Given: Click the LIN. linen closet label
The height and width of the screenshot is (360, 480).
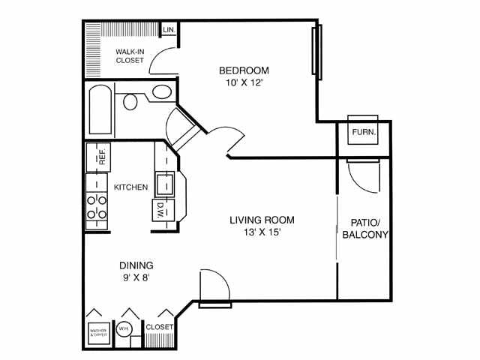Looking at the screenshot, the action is [169, 30].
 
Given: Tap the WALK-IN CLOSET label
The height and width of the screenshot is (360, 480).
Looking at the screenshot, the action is [130, 56].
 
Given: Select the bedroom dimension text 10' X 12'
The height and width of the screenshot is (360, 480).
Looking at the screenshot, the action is [244, 82].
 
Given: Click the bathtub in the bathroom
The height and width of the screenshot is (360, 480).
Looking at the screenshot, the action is [100, 109].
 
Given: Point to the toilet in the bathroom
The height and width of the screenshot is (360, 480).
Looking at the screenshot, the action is [130, 102].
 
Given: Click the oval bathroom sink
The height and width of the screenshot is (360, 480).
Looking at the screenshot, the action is [162, 91].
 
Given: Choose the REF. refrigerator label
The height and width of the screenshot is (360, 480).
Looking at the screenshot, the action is [102, 157].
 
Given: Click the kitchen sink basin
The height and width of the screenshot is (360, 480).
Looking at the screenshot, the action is [165, 184].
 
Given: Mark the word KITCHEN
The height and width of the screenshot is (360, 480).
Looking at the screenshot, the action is [130, 187].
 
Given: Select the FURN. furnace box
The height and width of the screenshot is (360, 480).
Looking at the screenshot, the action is [363, 130].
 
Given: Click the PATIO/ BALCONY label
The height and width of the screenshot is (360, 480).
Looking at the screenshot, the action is [365, 229].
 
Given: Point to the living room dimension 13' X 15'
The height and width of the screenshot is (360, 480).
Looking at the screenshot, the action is [262, 232].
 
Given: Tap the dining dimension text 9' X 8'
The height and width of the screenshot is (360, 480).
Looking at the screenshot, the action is [136, 277].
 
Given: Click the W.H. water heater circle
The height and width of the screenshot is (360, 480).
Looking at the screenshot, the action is [124, 329].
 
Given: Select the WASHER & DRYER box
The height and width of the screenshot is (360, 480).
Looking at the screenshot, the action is [98, 333].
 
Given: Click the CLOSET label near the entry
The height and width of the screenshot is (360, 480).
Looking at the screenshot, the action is [159, 327].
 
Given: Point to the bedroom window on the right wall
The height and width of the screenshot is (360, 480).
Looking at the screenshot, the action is [316, 52].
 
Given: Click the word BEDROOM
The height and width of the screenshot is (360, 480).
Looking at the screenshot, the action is [244, 70].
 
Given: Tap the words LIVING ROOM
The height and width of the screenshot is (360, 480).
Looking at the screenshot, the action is [262, 220].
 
